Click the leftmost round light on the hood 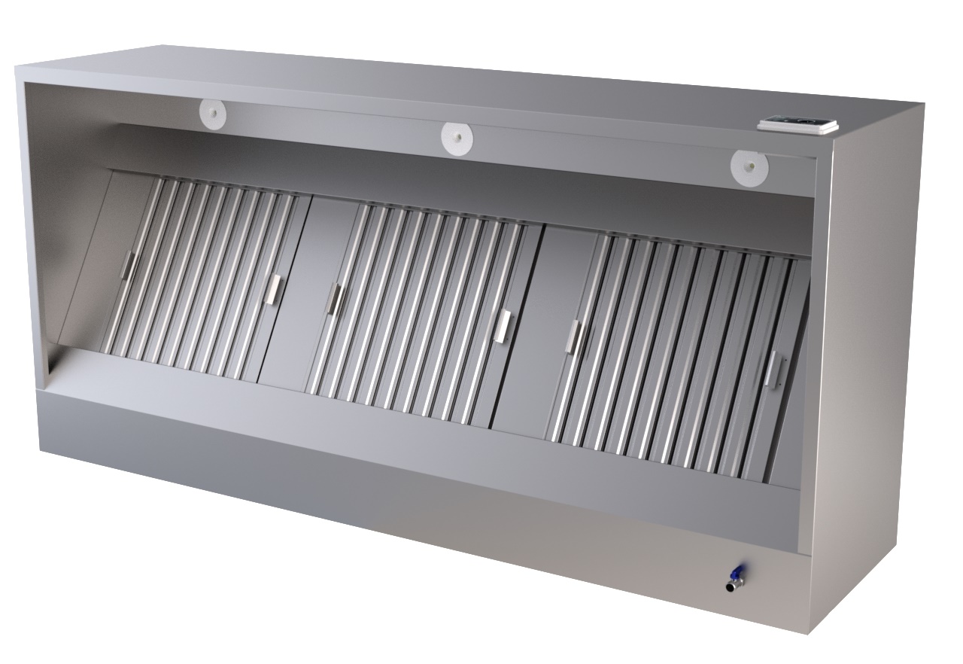[213, 114]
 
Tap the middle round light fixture [457, 139]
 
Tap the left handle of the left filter [128, 267]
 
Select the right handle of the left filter [274, 290]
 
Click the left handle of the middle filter [333, 299]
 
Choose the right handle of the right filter [773, 368]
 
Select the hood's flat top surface [451, 83]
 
